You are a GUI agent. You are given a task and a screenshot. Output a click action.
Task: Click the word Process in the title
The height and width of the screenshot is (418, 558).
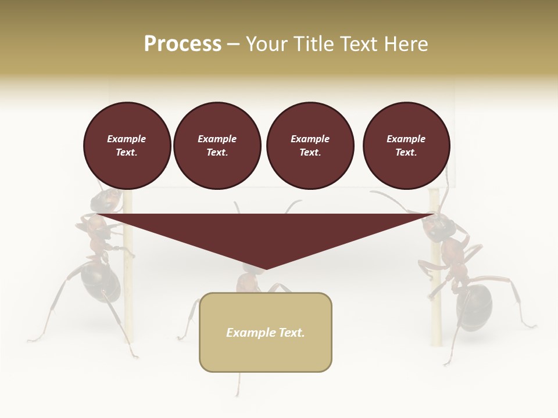pos(183,44)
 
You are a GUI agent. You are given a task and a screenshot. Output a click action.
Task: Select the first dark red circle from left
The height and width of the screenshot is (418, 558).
pos(127,146)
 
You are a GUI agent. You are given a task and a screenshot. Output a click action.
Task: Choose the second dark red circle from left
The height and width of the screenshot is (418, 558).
pos(217,146)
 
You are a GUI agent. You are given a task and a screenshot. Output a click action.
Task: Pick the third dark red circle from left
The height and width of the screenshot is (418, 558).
pos(310,146)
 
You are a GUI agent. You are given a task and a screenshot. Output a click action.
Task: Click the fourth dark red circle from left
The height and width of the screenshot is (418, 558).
pos(406,146)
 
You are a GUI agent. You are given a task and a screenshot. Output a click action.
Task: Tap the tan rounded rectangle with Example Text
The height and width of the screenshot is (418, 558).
pos(265,332)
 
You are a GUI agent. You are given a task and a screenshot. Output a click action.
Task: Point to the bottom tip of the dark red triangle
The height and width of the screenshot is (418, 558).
pos(265,270)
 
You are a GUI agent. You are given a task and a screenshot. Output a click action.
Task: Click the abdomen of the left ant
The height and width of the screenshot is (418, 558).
pos(100,282)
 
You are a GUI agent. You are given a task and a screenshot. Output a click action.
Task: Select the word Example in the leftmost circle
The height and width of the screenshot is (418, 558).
pos(127,139)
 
